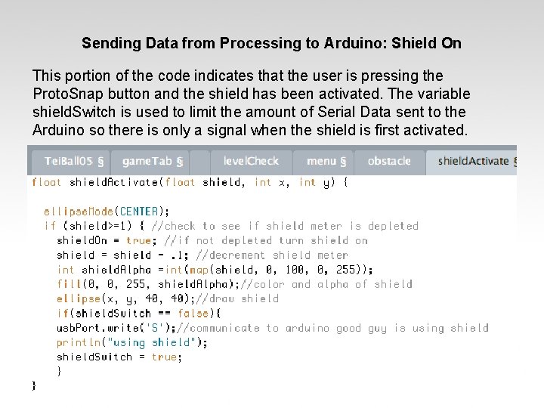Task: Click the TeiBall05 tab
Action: (67, 161)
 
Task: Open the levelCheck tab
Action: (251, 161)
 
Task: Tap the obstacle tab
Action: (389, 161)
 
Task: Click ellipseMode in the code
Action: (79, 211)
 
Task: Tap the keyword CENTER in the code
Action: (140, 211)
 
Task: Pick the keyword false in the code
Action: (194, 314)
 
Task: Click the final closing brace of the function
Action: (34, 386)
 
